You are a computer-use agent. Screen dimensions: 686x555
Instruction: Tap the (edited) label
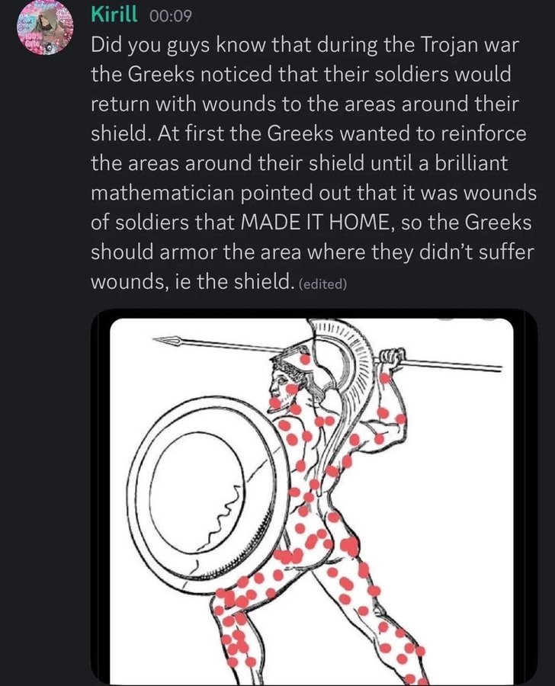click(x=323, y=284)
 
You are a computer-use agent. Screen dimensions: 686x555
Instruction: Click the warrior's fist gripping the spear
click(x=391, y=356)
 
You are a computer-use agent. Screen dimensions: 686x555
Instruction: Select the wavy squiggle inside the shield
click(x=218, y=519)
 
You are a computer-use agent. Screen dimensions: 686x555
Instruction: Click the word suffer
click(x=484, y=253)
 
